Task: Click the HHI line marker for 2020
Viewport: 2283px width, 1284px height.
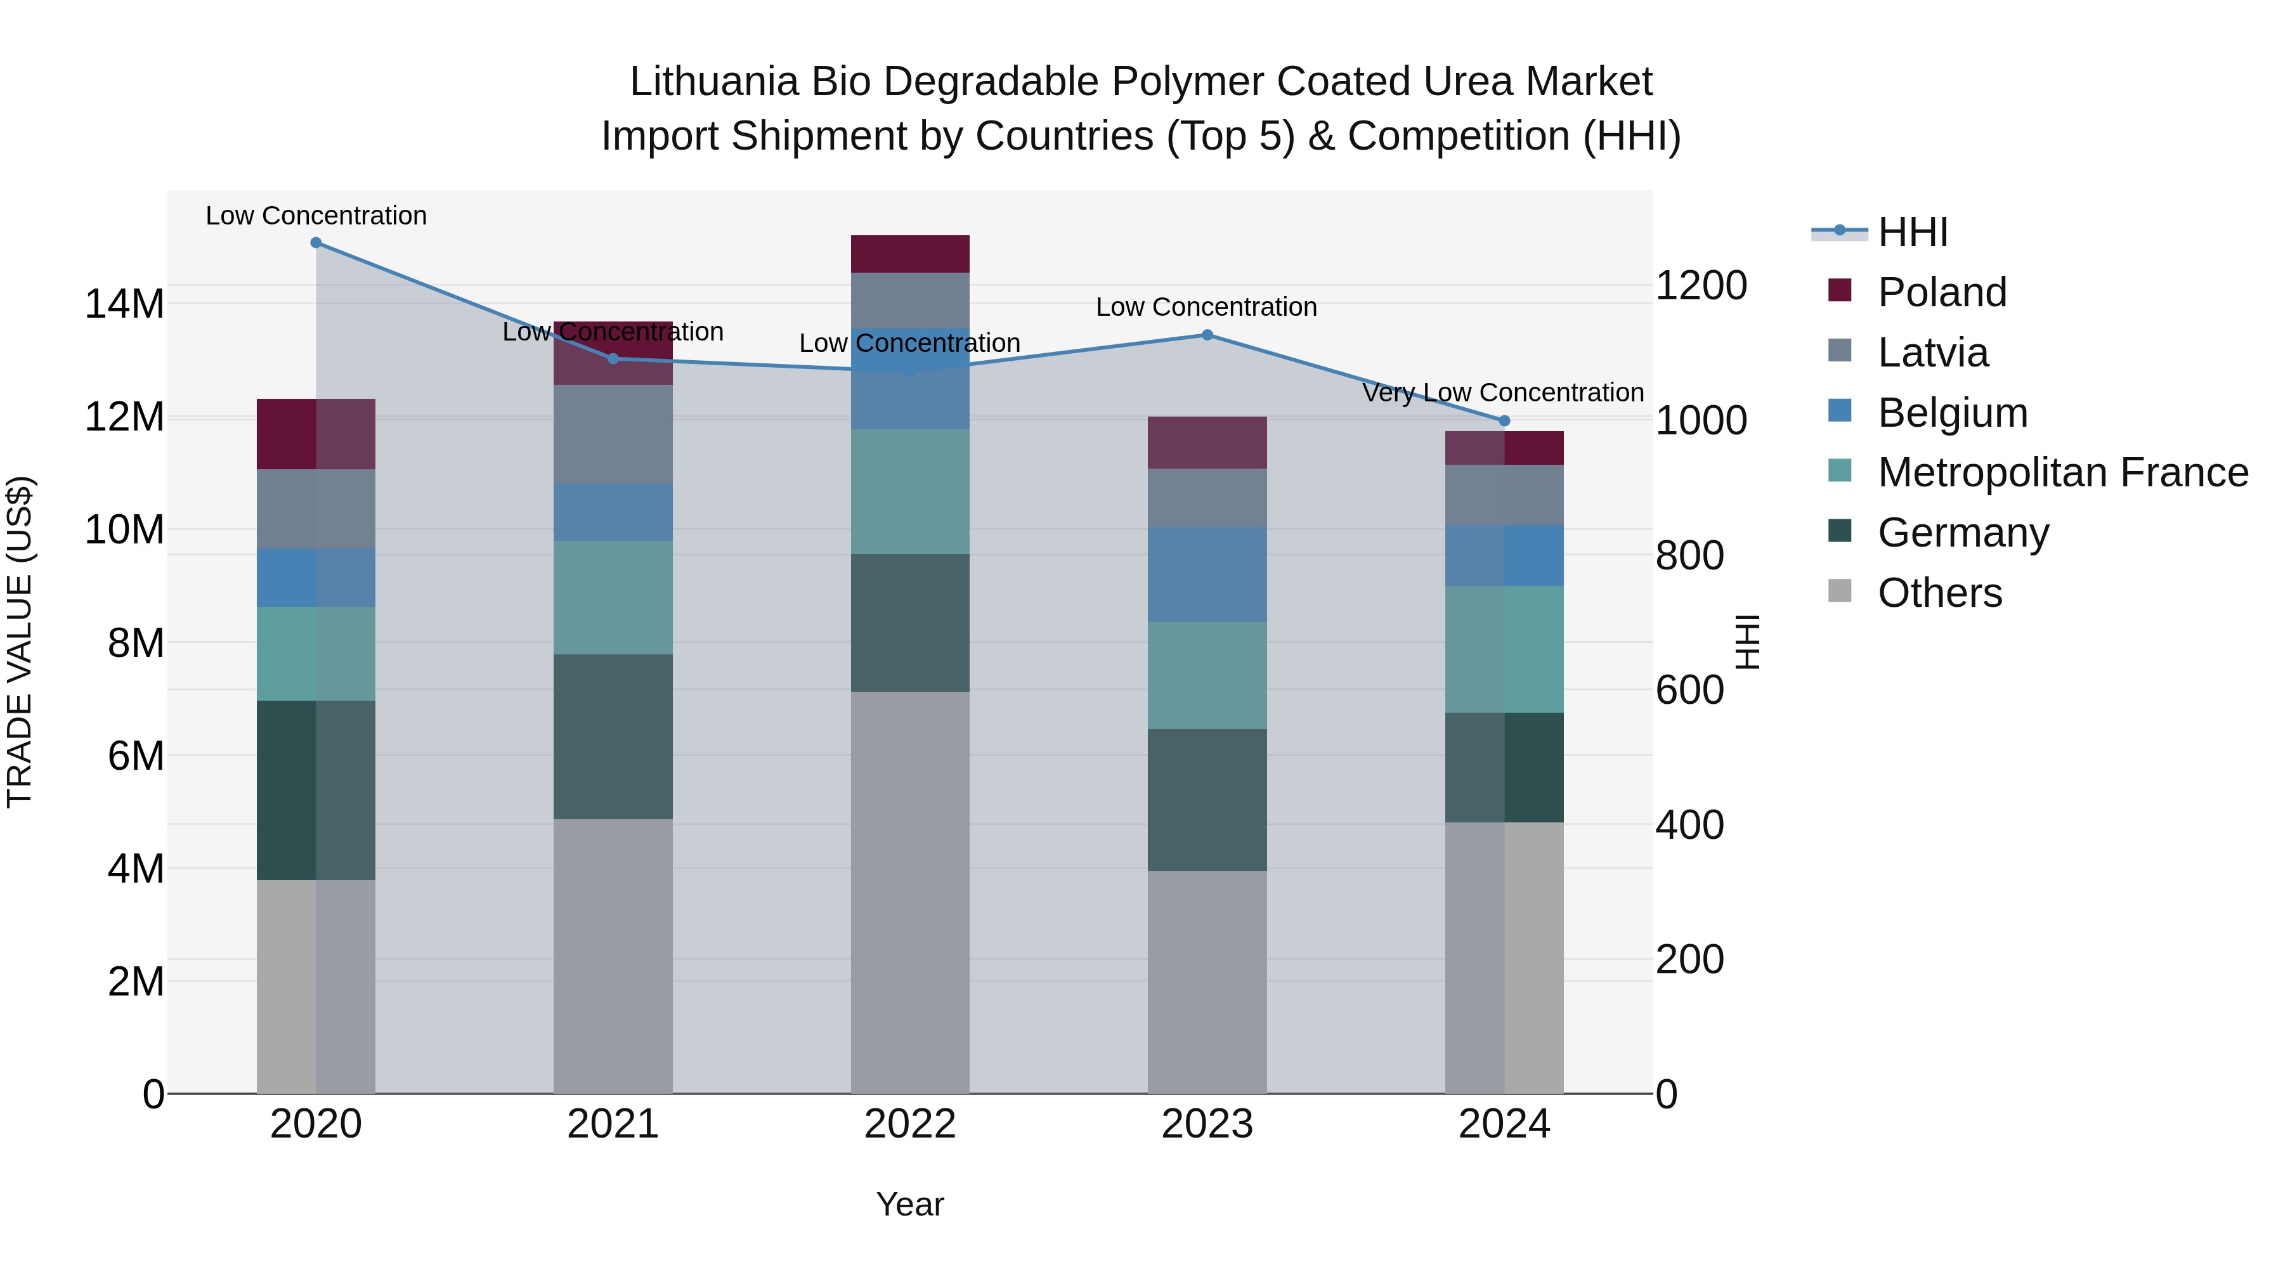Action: (x=316, y=243)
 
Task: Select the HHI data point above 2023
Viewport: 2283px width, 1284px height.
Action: (x=1206, y=335)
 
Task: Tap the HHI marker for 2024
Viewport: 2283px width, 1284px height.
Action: (x=1504, y=421)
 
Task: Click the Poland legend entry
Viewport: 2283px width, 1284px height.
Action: (x=1941, y=292)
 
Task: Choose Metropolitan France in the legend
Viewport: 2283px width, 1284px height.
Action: (x=2062, y=472)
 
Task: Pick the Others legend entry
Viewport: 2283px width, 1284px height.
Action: (x=1939, y=593)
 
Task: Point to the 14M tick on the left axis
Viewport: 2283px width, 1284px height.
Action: (x=124, y=304)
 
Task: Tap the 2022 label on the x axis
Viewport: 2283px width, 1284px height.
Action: (x=910, y=1124)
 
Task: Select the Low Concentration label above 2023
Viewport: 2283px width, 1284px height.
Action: (x=1206, y=308)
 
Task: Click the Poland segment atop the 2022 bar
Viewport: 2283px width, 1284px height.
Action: (x=910, y=254)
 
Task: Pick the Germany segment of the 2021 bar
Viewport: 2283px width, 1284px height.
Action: (x=613, y=736)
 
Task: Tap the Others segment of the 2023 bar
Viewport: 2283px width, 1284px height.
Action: (x=1206, y=982)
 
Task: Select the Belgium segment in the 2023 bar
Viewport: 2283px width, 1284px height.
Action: (x=1206, y=574)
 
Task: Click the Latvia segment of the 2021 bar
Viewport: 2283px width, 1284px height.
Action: (x=613, y=434)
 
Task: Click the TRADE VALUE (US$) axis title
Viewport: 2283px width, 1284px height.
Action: (x=20, y=642)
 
